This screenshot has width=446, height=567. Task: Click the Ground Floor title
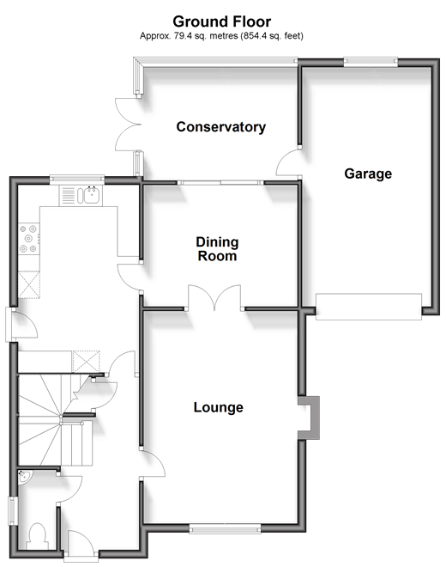coord(222,21)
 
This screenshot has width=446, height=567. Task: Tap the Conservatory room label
coord(221,127)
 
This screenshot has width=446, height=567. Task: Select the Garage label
coord(368,174)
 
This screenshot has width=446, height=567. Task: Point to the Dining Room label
coord(217,249)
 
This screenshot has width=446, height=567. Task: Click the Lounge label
coord(218,407)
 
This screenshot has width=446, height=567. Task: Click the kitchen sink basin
coord(92,195)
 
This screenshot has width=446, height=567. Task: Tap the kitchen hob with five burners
coord(28,239)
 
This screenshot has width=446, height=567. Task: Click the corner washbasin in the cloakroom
coord(25,477)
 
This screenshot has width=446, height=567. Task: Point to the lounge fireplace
coord(310,418)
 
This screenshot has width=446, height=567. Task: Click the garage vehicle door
coord(369,307)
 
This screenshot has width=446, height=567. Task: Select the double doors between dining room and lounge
coord(214,297)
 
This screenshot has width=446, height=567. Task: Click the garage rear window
coord(371,62)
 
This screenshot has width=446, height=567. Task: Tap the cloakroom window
coord(13,511)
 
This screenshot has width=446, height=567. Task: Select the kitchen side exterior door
coord(21,325)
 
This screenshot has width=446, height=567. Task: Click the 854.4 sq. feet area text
coord(273,36)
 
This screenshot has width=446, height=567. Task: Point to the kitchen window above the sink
coord(76,179)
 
